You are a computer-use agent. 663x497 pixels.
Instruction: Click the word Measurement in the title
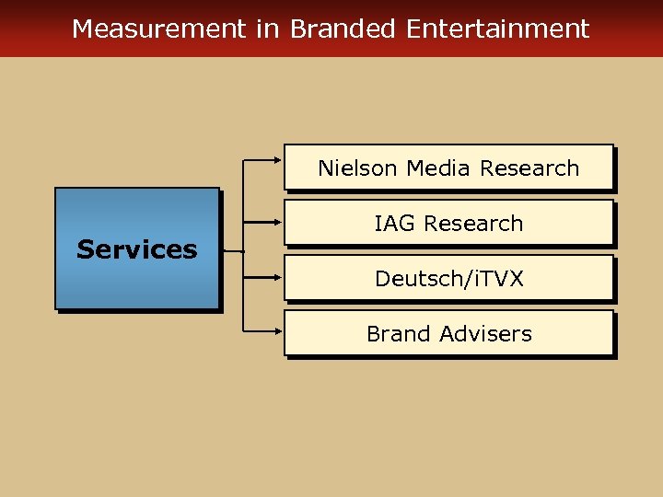pos(158,29)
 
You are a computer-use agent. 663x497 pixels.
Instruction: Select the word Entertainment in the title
pos(497,29)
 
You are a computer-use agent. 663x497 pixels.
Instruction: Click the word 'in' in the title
pos(267,29)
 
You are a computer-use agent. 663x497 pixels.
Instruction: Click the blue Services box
pos(137,248)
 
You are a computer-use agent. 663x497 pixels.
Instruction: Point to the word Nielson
pos(358,168)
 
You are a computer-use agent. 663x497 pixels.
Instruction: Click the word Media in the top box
pos(439,168)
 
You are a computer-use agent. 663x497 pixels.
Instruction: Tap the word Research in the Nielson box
pos(529,168)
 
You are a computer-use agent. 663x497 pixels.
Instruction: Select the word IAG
pos(392,224)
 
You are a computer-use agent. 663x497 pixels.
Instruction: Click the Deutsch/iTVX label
pos(448,279)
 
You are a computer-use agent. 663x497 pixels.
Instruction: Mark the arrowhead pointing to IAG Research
pos(278,222)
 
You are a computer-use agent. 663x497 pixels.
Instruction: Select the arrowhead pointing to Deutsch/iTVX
pos(278,277)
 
